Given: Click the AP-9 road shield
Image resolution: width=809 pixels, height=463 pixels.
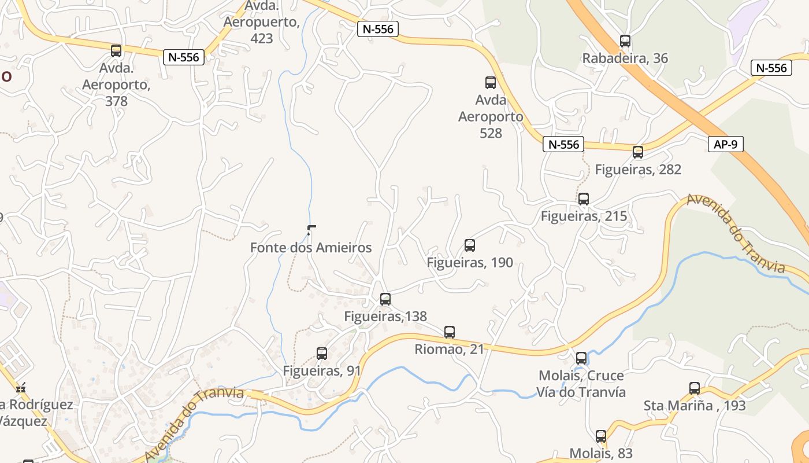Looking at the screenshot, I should tap(726, 144).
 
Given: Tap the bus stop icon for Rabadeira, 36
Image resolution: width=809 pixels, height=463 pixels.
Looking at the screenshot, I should tap(625, 41).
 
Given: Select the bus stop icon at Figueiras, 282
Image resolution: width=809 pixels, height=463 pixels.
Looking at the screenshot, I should tap(638, 152).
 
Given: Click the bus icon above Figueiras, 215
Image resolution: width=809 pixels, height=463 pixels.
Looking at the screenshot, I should tap(584, 199).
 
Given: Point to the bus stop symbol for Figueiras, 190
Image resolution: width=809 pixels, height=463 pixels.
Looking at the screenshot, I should tap(470, 245).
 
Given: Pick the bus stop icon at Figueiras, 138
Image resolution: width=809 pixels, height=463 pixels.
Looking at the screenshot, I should tap(385, 299).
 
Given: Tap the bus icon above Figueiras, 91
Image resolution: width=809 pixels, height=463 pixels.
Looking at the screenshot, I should tap(322, 353).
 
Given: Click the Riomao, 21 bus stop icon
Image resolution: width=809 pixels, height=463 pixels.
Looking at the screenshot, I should tap(450, 332).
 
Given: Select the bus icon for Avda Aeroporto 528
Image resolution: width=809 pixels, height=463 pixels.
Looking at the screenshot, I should tap(491, 83).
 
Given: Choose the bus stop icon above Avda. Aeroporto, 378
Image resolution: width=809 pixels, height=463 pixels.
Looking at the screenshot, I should tap(116, 51).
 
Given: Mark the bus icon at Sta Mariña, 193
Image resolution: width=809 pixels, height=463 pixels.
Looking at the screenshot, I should tap(695, 388).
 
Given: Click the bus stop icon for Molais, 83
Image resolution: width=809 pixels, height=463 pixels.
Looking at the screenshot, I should tap(601, 436).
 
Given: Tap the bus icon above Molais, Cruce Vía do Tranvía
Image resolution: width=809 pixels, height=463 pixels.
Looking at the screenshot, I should tap(581, 358).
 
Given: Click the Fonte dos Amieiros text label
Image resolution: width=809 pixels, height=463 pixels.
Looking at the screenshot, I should tap(311, 248).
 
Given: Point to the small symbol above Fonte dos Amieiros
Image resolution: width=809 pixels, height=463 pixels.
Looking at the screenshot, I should tap(311, 229).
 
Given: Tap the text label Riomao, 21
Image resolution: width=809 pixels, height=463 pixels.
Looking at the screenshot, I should tap(450, 350).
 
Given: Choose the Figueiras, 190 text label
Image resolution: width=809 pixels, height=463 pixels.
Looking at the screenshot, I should tap(470, 263).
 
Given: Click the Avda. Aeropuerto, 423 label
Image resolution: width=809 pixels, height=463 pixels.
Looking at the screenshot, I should tap(262, 22).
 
